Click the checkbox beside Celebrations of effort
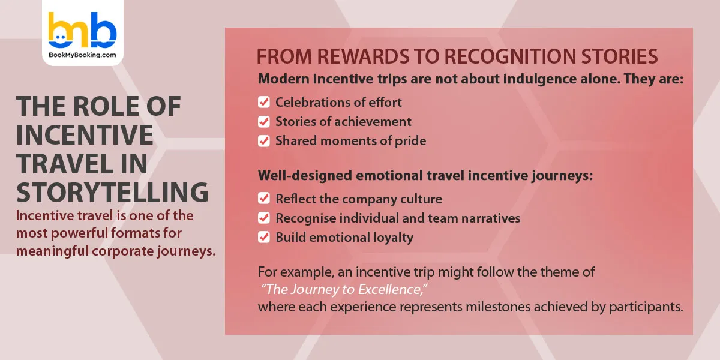[264, 102]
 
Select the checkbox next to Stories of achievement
[264, 122]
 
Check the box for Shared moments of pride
[264, 141]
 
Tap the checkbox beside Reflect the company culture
[264, 199]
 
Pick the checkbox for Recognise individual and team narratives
[264, 218]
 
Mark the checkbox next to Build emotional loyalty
[264, 237]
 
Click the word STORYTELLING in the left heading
[112, 193]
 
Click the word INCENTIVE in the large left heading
[85, 135]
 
